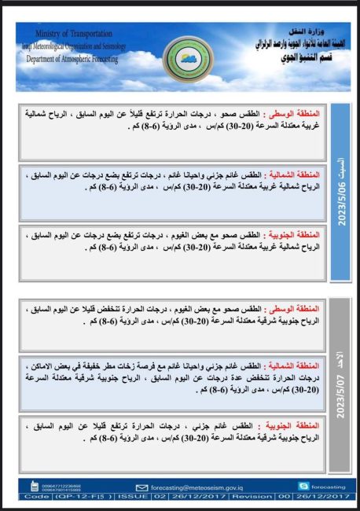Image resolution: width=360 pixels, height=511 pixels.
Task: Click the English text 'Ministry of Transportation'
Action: pyautogui.click(x=68, y=34)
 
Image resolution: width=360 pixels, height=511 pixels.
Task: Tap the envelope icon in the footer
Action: pyautogui.click(x=142, y=487)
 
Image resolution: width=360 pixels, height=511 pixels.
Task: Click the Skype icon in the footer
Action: pyautogui.click(x=303, y=487)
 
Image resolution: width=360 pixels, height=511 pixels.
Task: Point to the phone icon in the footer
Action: pyautogui.click(x=33, y=487)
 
